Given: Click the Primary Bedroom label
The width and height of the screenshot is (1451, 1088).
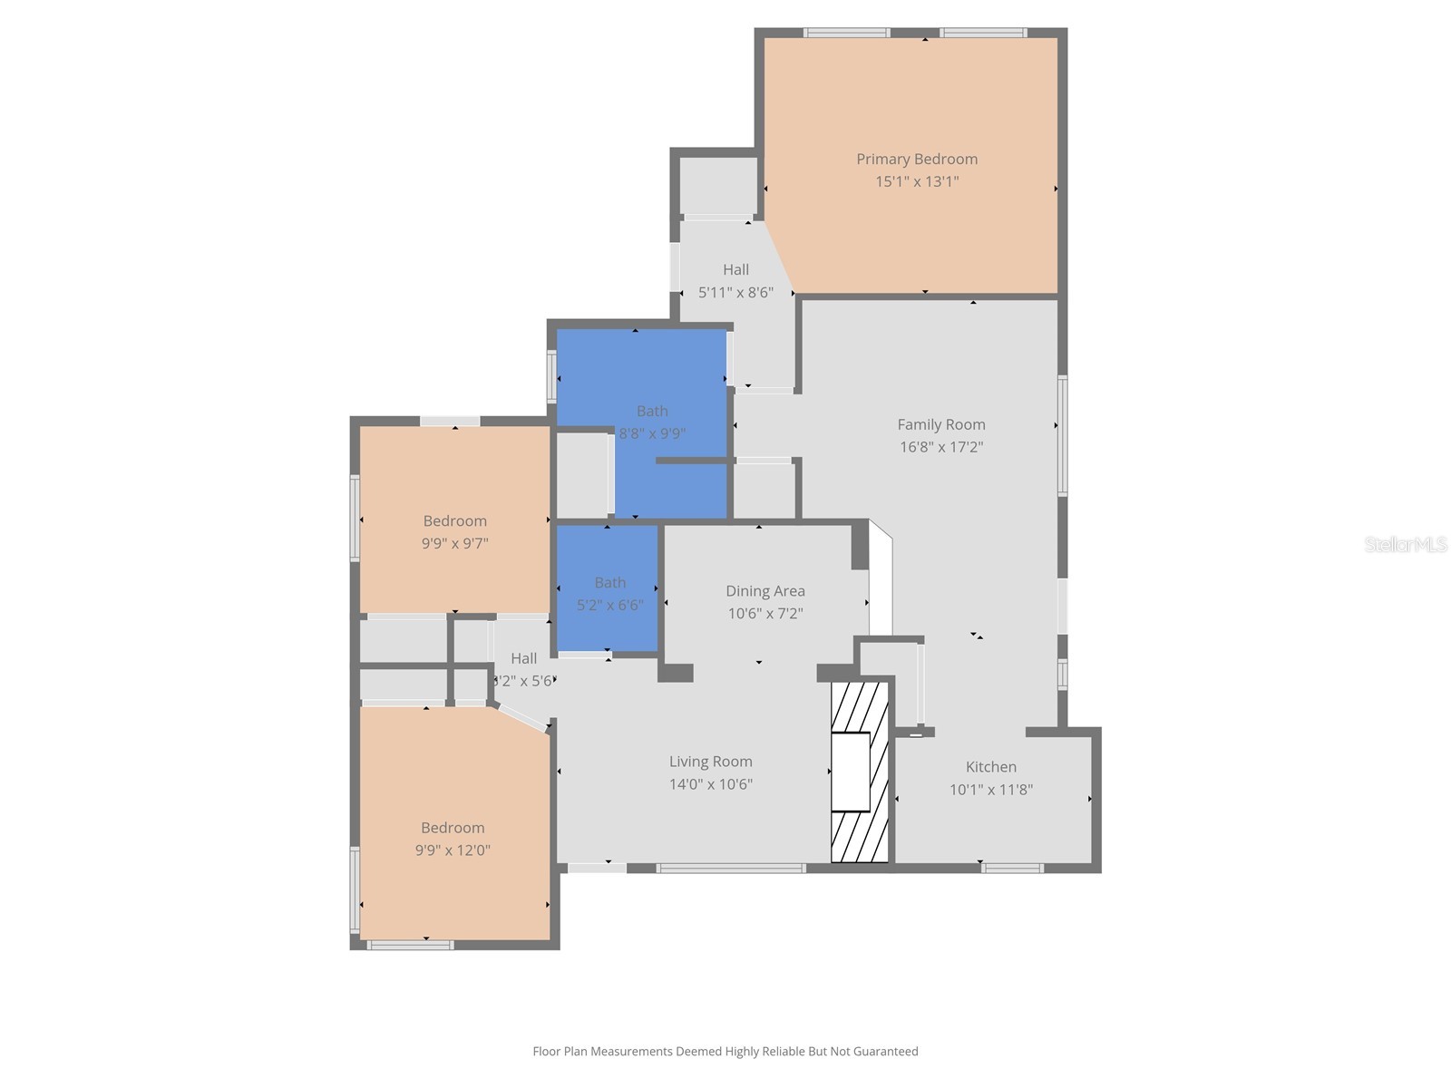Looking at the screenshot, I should [917, 159].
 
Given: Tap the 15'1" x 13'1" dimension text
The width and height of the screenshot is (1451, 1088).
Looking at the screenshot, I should [917, 181].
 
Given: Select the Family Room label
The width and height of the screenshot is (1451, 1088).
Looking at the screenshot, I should [941, 424].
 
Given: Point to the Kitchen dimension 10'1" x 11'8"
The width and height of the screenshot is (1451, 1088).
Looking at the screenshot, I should [991, 789].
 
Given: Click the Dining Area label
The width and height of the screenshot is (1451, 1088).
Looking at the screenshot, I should [765, 591].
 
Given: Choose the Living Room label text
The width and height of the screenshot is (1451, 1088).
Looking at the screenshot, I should [711, 762].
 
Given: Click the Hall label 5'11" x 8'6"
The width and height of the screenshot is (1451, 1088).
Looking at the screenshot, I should [735, 281].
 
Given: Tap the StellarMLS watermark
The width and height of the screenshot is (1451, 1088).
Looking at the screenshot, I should [1405, 544].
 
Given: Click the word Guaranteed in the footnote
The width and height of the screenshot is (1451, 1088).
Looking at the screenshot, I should [883, 1052].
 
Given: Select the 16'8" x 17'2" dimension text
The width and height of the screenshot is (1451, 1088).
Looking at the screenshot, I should [941, 447].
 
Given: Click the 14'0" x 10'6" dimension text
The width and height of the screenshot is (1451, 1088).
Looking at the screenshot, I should [711, 784].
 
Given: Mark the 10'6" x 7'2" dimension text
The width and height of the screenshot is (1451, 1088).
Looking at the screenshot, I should [765, 614].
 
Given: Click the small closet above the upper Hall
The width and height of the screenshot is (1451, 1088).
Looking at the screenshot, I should [718, 186].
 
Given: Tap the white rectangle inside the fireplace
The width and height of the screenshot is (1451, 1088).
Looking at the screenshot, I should [851, 772].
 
